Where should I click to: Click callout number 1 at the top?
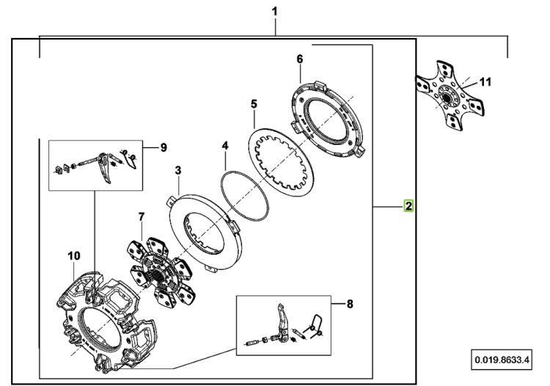(x=275, y=12)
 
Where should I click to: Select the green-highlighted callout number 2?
(x=408, y=206)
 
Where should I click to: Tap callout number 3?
(x=178, y=171)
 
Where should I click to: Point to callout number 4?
(x=225, y=146)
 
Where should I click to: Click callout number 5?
(x=254, y=104)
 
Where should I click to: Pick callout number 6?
(x=299, y=59)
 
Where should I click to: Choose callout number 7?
(x=142, y=217)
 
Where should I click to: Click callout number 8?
(x=350, y=304)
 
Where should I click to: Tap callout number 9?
(x=164, y=148)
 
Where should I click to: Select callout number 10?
(x=74, y=256)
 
